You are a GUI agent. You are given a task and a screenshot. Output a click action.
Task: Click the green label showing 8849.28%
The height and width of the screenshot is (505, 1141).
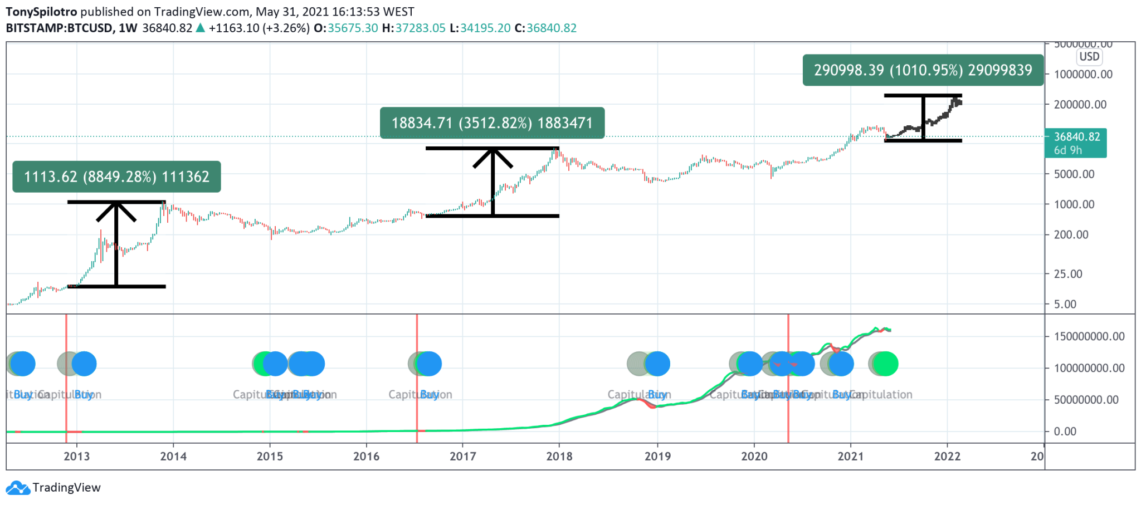pyautogui.click(x=116, y=176)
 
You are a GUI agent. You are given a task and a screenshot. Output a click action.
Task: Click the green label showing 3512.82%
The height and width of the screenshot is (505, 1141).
pyautogui.click(x=492, y=122)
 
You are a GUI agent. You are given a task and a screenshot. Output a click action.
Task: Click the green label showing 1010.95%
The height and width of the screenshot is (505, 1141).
pyautogui.click(x=923, y=70)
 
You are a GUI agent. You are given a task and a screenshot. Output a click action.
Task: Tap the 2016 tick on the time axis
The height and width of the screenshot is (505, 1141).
pyautogui.click(x=366, y=457)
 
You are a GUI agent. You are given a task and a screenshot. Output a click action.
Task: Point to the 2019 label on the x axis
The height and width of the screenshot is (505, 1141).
pyautogui.click(x=657, y=457)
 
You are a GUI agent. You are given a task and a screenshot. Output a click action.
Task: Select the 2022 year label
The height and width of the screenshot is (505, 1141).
pyautogui.click(x=947, y=457)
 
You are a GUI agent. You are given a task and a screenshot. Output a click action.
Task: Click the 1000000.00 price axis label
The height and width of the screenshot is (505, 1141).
pyautogui.click(x=1083, y=74)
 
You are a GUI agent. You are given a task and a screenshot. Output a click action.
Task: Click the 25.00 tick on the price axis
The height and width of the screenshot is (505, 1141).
pyautogui.click(x=1068, y=274)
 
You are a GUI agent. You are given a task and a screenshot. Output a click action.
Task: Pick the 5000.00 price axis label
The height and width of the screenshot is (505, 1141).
pyautogui.click(x=1074, y=174)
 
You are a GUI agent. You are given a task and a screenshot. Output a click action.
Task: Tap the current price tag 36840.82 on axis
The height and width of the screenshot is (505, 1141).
pyautogui.click(x=1076, y=137)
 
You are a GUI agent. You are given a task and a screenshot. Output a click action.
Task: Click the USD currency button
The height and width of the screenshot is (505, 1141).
pyautogui.click(x=1089, y=56)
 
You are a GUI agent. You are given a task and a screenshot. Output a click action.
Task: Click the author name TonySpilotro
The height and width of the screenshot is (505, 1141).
pyautogui.click(x=42, y=12)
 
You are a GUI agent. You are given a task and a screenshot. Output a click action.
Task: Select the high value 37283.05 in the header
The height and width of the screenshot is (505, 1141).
pyautogui.click(x=420, y=28)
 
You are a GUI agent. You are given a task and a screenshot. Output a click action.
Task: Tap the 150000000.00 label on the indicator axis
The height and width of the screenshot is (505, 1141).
pyautogui.click(x=1089, y=336)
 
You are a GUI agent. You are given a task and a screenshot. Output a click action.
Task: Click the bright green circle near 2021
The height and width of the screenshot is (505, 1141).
pyautogui.click(x=885, y=364)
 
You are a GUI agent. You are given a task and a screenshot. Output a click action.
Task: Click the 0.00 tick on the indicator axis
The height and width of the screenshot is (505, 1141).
pyautogui.click(x=1065, y=432)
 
